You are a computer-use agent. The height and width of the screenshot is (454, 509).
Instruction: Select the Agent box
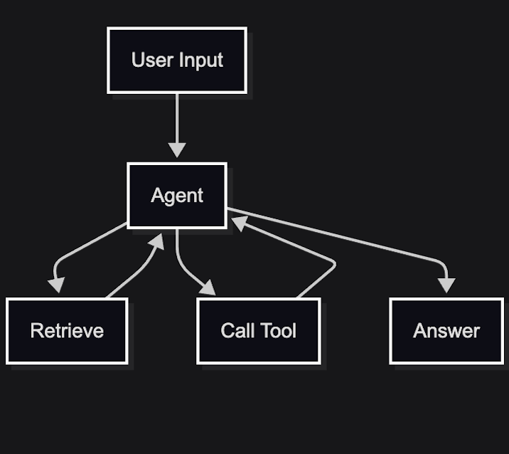[177, 196]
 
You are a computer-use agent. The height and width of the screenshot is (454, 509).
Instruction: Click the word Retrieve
[67, 331]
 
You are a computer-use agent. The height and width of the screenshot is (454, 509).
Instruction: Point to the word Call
[237, 331]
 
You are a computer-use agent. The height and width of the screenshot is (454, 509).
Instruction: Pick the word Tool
[279, 331]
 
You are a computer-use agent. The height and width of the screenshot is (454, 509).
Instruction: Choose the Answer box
[446, 331]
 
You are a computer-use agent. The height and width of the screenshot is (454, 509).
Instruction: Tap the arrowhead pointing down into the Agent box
[177, 150]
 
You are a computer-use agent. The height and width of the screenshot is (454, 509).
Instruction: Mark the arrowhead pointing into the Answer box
[446, 285]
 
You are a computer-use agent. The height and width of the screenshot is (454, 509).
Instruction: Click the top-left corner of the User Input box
[108, 28]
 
